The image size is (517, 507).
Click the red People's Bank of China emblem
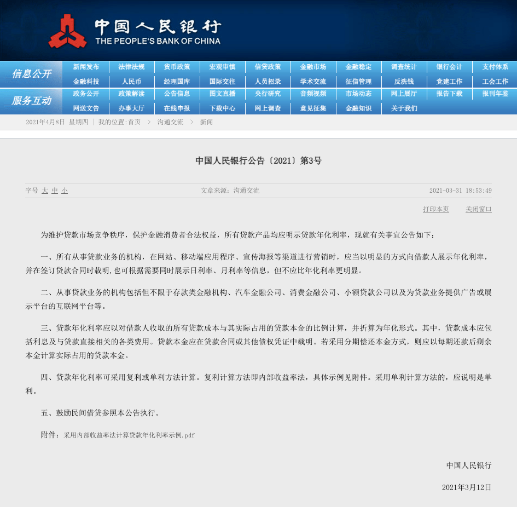(x=67, y=32)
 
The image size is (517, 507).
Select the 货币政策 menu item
(x=177, y=67)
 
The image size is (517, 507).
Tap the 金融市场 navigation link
(x=313, y=67)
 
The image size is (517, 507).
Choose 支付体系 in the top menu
(x=495, y=67)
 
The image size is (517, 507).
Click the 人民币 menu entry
(x=131, y=82)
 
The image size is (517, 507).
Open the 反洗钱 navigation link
(x=404, y=82)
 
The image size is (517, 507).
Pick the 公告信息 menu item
(x=177, y=94)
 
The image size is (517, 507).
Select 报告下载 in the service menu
(x=449, y=94)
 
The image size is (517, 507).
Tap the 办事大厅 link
(x=131, y=108)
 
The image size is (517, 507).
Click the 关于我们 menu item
(x=404, y=108)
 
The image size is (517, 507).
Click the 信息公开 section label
(x=31, y=74)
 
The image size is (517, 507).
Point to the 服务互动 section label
(x=31, y=101)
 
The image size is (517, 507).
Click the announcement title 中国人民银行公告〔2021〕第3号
(x=258, y=161)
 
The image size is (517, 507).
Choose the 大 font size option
(x=45, y=191)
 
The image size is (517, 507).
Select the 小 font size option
(x=65, y=191)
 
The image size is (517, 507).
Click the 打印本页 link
(x=435, y=209)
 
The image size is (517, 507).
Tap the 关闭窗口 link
(x=478, y=209)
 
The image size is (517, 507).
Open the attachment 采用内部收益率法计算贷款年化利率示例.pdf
(x=129, y=435)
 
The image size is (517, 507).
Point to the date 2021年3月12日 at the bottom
(x=466, y=487)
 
